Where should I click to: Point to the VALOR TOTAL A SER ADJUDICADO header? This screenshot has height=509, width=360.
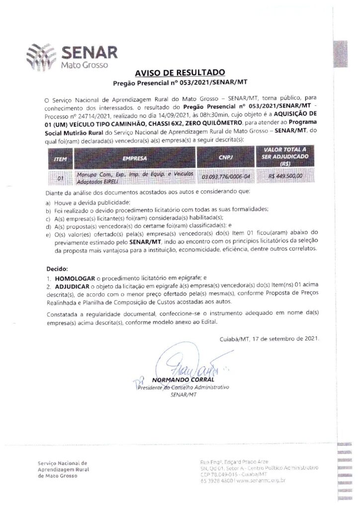point(284,156)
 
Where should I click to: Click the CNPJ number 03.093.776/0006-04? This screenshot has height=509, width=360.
point(226,176)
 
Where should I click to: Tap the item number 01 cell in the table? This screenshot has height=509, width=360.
point(61,176)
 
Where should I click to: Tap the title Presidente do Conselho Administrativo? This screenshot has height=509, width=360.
point(184,387)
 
